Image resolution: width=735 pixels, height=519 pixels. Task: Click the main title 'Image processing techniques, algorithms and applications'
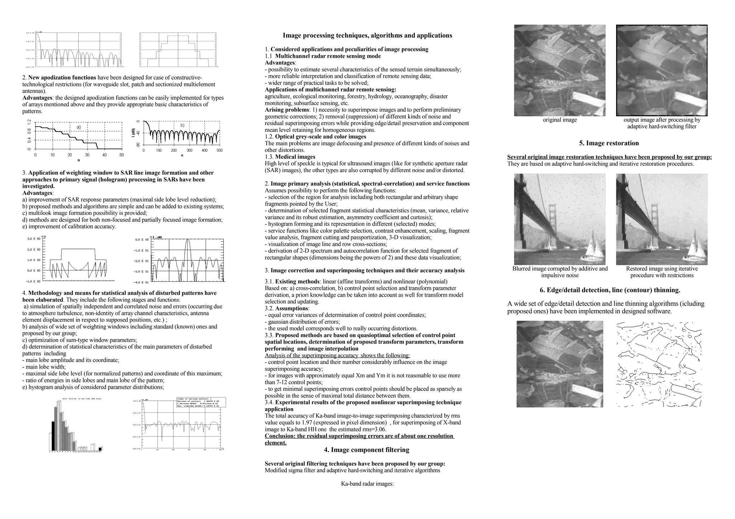(367, 36)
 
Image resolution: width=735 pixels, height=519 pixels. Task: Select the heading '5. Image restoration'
(609, 143)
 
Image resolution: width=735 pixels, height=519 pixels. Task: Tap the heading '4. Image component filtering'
(366, 450)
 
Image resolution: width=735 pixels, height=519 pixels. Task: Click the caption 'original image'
(560, 120)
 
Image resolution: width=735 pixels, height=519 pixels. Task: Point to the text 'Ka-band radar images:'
(367, 483)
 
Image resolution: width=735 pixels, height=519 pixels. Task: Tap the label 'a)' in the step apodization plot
(79, 127)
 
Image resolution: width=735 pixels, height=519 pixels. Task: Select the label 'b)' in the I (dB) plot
(182, 125)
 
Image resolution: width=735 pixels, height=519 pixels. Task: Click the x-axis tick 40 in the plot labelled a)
(104, 155)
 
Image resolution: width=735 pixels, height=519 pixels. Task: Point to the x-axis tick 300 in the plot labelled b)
(189, 151)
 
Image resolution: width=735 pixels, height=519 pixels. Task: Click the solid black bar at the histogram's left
(53, 435)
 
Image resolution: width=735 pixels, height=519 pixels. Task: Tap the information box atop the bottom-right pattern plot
(201, 402)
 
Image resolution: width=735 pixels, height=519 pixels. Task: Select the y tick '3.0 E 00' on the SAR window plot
(34, 239)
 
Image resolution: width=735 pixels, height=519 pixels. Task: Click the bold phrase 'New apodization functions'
(62, 78)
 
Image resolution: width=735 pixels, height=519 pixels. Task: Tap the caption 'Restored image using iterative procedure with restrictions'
(661, 272)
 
